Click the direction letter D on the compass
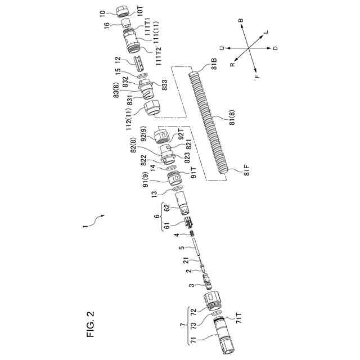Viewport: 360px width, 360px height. click(274, 49)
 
